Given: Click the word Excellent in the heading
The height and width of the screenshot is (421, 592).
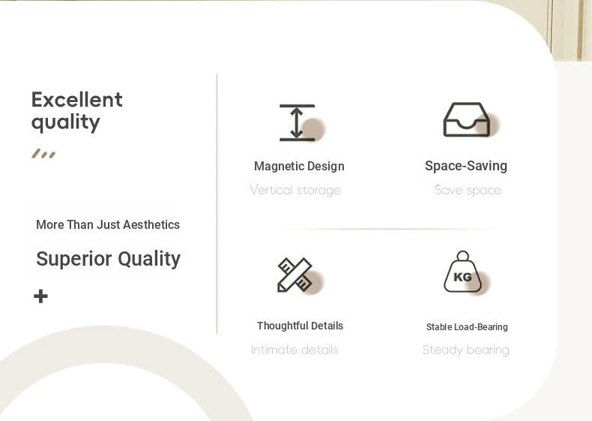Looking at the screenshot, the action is [77, 100].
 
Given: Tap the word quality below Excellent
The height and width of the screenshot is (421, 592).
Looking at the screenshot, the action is [66, 122].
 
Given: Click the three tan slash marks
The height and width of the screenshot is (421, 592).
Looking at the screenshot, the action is [43, 154].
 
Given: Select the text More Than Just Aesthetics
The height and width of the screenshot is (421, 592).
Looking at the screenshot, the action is [108, 224].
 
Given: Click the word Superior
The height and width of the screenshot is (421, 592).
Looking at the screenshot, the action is [74, 259].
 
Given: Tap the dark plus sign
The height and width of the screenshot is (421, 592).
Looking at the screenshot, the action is [40, 296].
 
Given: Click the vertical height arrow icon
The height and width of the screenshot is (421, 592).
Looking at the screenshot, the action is [297, 123].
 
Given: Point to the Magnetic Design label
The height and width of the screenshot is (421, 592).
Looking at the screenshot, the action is [299, 166].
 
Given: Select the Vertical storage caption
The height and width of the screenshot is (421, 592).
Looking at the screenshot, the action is [295, 190].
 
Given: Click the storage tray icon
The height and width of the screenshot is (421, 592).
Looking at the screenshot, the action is [467, 119].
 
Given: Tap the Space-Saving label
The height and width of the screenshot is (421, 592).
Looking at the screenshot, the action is [466, 166].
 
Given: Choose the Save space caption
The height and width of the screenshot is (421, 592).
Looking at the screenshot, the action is [468, 190].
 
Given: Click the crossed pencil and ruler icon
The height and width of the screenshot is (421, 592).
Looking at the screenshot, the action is [295, 275].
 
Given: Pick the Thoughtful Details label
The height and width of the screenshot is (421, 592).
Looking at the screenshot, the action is [300, 326].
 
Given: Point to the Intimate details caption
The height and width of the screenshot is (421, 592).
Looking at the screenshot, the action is [295, 350].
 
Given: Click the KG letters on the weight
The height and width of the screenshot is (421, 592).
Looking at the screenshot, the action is [462, 277].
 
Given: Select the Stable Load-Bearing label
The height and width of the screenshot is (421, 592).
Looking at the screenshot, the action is [467, 326].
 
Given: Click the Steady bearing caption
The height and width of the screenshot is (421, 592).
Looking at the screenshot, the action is [466, 350].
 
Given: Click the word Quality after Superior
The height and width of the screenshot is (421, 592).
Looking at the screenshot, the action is [149, 259].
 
